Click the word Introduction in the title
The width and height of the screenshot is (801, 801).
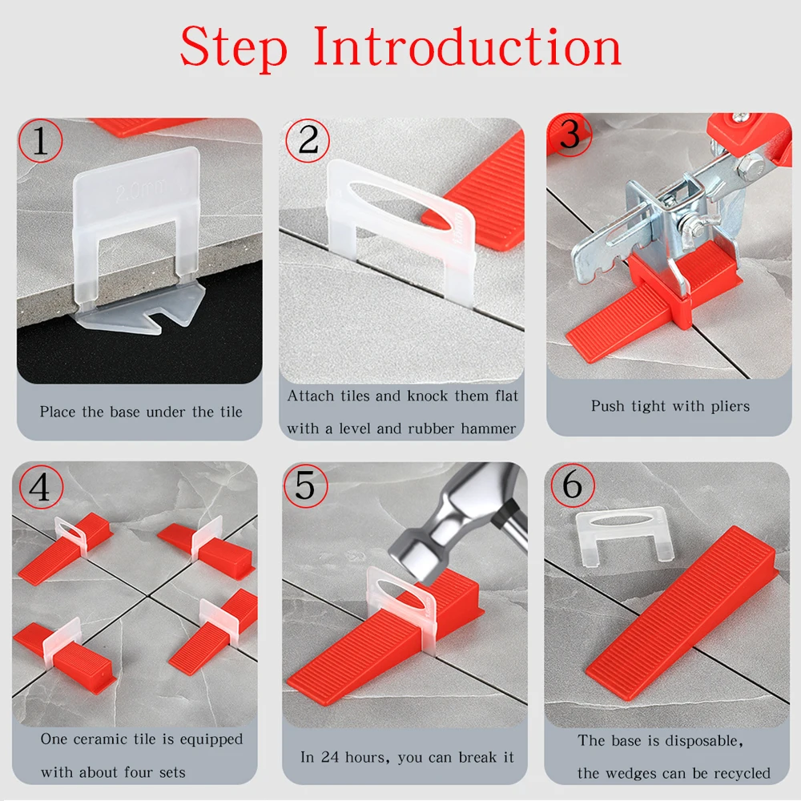pos(467,46)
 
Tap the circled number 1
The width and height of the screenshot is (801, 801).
pos(40,140)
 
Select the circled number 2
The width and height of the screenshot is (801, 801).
pos(308,140)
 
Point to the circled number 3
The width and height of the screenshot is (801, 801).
pos(570,134)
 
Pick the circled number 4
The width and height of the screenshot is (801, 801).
pos(41,487)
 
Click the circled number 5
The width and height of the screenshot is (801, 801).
pos(305,486)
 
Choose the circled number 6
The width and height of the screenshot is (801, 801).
pos(573,485)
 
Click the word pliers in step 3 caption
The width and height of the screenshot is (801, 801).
pos(731,407)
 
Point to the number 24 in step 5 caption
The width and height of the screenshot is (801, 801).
pos(329,757)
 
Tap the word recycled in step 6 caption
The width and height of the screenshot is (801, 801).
pos(742,774)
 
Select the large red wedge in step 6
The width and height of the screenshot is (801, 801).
pos(682,613)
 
